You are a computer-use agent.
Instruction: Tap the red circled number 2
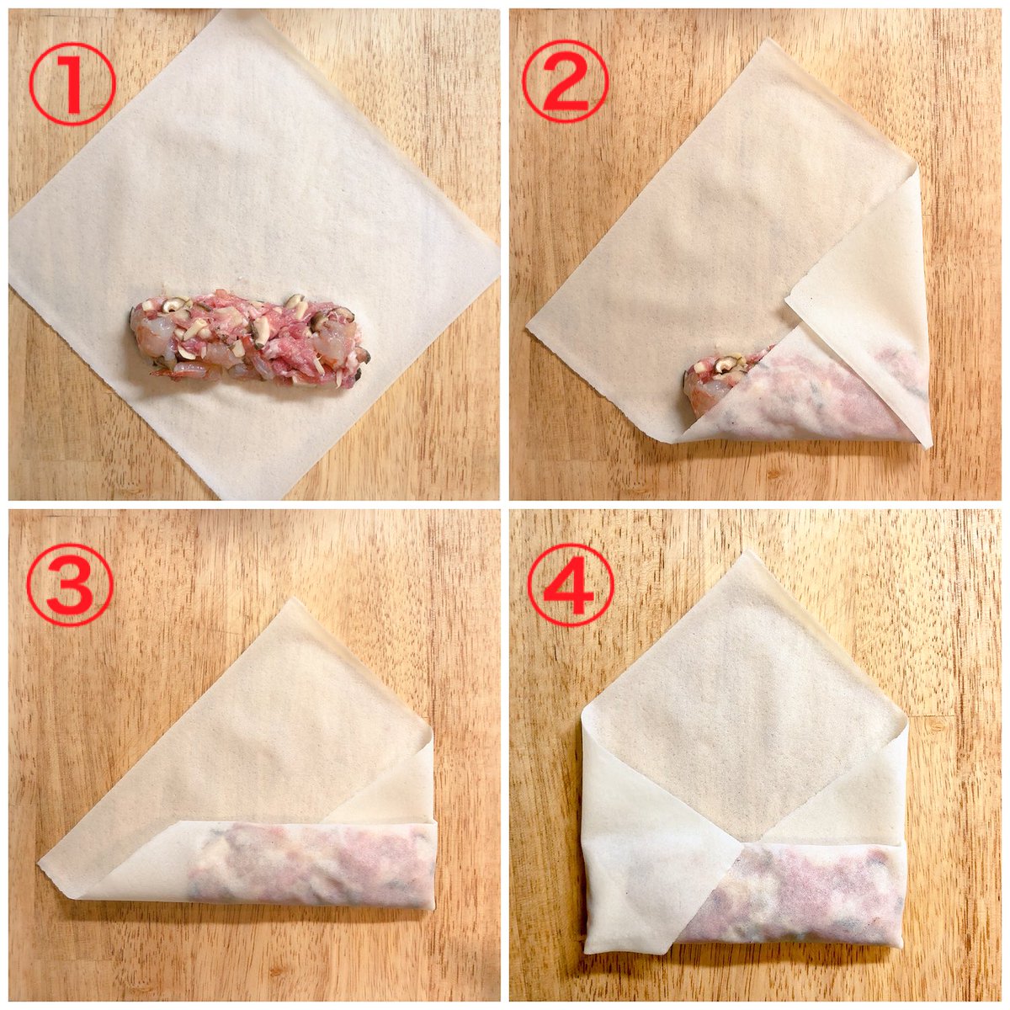(565, 82)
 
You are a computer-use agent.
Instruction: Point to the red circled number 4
(571, 586)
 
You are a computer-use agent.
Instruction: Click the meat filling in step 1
(249, 341)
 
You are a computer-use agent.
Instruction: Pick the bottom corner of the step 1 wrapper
(252, 498)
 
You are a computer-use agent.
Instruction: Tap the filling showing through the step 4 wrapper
(797, 885)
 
